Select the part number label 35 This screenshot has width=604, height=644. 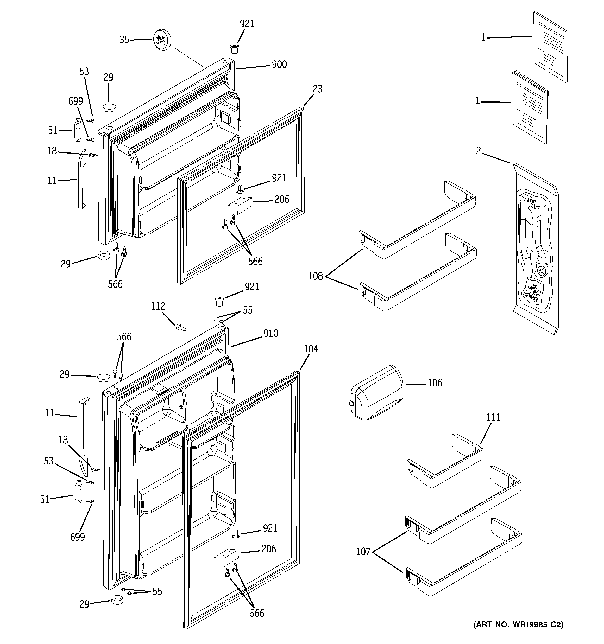point(124,40)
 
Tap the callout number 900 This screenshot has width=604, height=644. point(279,65)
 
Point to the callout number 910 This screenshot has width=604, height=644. point(271,333)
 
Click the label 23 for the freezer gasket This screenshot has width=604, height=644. point(317,89)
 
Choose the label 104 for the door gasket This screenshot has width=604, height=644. point(311,349)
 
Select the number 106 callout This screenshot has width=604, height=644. point(435,383)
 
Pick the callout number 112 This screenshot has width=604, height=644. point(158,306)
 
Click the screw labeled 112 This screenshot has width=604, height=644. point(180,328)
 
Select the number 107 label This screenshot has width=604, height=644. point(363,552)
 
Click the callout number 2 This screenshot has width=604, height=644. point(479,151)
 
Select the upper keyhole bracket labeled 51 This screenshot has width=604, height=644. point(78,130)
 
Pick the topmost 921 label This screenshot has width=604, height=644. point(247,24)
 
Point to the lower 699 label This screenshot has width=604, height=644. point(78,537)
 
